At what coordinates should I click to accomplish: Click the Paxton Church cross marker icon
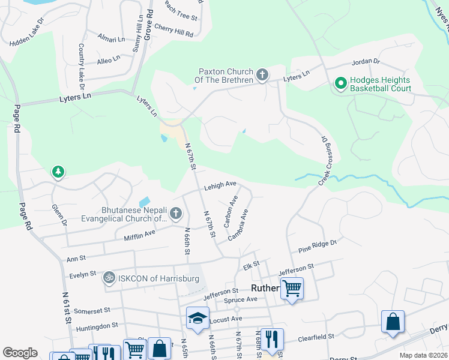[x=261, y=76]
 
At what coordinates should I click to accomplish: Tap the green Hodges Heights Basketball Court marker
[x=340, y=83]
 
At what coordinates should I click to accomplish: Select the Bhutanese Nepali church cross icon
[x=175, y=213]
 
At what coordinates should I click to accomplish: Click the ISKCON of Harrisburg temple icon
[x=109, y=277]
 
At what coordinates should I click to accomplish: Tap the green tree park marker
[x=58, y=173]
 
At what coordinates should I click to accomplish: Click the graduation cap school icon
[x=197, y=319]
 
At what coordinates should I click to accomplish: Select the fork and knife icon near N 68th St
[x=272, y=339]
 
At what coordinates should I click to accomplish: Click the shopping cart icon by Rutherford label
[x=292, y=288]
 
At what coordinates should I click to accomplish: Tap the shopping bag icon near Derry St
[x=392, y=321]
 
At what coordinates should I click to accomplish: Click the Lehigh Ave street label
[x=220, y=185]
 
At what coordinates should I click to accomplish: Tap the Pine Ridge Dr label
[x=318, y=245]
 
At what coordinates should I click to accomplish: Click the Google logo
[x=20, y=352]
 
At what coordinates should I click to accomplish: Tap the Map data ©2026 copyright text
[x=424, y=355]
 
